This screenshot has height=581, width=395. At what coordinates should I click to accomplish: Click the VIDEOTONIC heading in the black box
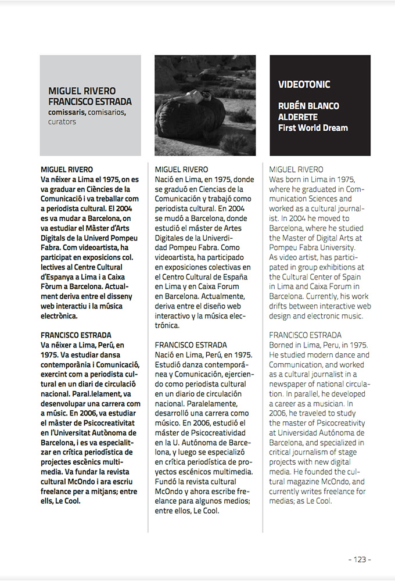tap(304, 85)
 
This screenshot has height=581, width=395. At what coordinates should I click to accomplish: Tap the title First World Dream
tap(313, 128)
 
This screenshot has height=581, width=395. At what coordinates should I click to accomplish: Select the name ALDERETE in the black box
tap(297, 117)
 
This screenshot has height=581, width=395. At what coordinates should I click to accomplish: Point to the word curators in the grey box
tap(62, 122)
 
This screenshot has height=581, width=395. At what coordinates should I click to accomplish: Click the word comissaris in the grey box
tap(68, 112)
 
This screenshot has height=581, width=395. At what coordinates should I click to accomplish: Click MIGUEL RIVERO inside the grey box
tap(82, 91)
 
